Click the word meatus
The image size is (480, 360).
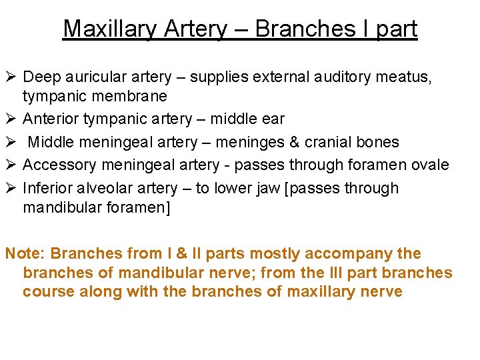[x=405, y=77]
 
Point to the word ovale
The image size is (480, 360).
[x=427, y=165]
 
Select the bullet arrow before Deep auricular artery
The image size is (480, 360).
[x=11, y=77]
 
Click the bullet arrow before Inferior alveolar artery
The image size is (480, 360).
[x=11, y=188]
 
